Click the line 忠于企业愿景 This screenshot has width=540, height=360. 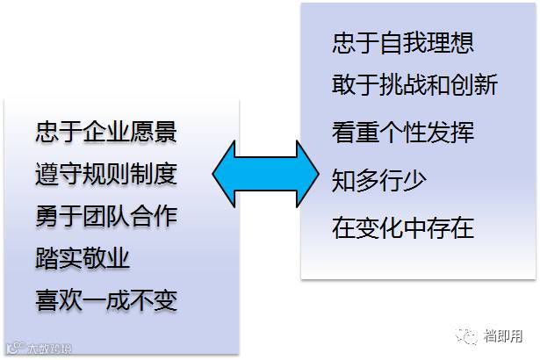pos(106,132)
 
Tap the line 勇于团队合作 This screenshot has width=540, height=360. pos(106,215)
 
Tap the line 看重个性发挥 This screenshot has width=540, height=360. pos(403,133)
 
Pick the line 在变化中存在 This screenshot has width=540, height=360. pos(403,228)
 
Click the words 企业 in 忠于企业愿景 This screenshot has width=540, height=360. pos(106,132)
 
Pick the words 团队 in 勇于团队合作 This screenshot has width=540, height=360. pos(106,215)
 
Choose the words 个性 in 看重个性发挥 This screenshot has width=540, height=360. pos(403,133)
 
